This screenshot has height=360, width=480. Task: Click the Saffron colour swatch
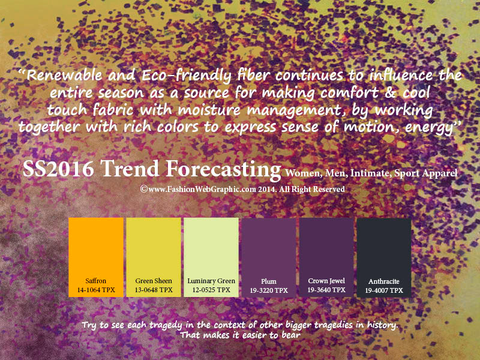(x=96, y=257)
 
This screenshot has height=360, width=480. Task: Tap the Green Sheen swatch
(x=154, y=257)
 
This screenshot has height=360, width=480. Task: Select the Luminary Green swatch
(x=211, y=257)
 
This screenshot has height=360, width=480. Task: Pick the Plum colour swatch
(x=269, y=257)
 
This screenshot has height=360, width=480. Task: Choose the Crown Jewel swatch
(x=326, y=257)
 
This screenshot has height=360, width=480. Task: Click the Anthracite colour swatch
(x=384, y=257)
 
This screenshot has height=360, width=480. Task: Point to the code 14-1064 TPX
(x=96, y=290)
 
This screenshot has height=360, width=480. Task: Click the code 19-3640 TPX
(x=326, y=290)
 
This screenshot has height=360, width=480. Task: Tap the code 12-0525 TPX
(x=211, y=290)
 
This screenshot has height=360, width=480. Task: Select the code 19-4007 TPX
(x=384, y=290)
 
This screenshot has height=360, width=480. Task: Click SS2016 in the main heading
(x=58, y=169)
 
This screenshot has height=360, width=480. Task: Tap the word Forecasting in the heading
(x=223, y=170)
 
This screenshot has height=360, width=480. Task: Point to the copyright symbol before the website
(x=144, y=189)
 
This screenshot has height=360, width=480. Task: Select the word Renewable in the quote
(x=64, y=75)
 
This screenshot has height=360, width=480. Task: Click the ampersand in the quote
(x=389, y=92)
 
